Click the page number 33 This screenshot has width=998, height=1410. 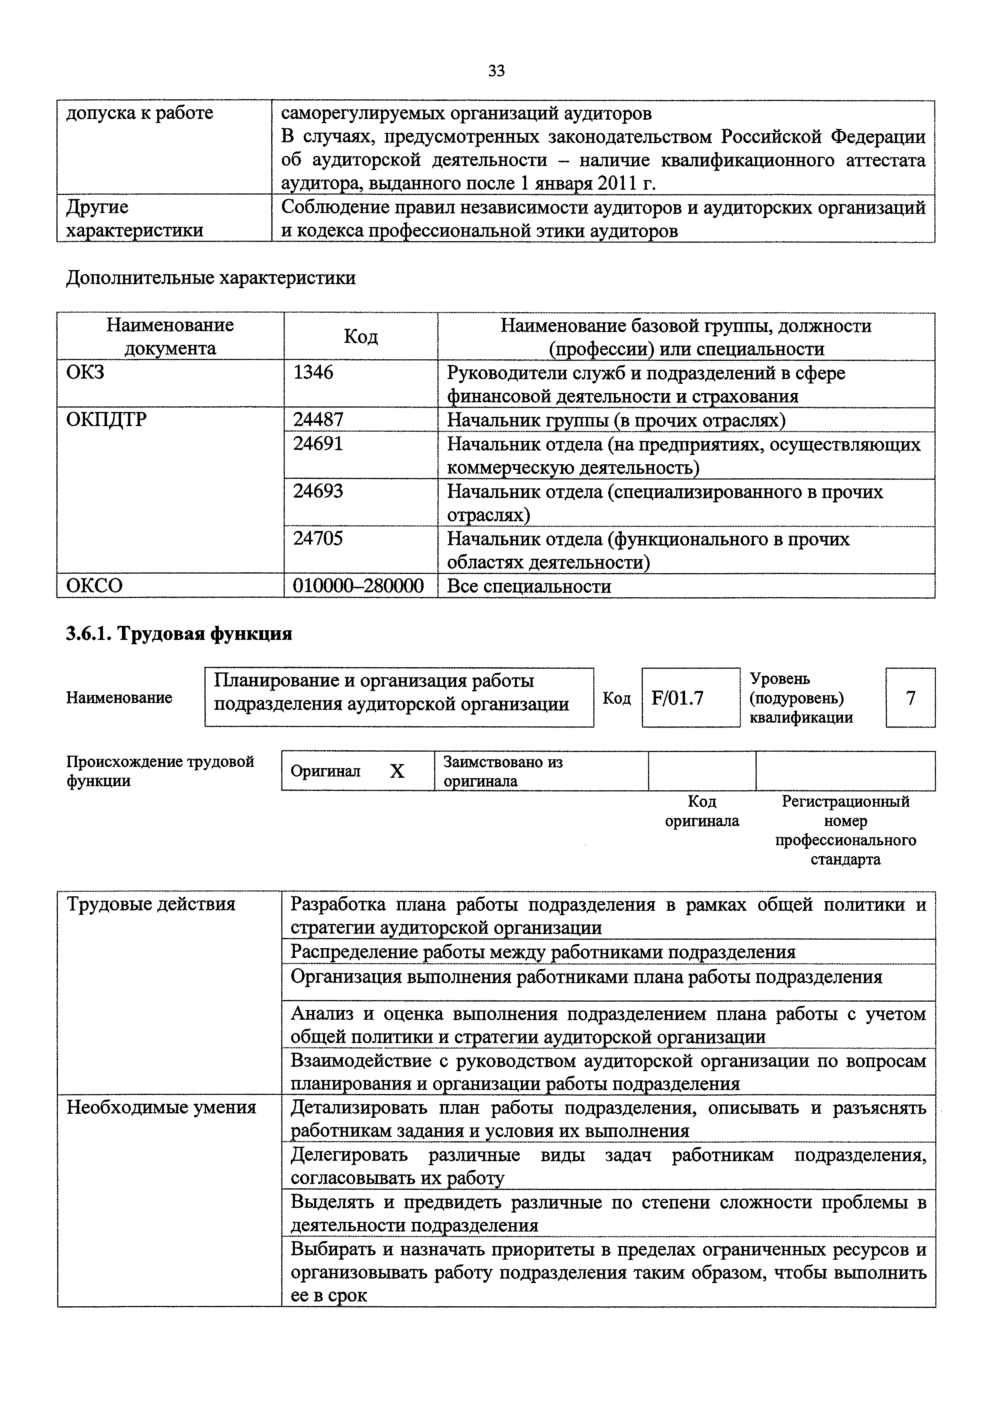[496, 71]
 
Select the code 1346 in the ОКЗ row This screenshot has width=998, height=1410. [313, 372]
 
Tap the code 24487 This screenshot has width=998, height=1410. [318, 420]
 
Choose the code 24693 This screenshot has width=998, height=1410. [318, 491]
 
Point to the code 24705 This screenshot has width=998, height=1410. [318, 539]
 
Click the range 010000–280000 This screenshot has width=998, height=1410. [358, 586]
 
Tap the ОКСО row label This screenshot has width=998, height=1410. [94, 586]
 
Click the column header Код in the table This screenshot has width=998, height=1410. [361, 336]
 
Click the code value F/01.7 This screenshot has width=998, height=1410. [677, 698]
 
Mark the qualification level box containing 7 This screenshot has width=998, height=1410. [910, 698]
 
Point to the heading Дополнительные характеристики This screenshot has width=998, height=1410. [211, 278]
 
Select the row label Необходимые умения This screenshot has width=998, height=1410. [161, 1107]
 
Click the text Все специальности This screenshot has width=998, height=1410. [529, 586]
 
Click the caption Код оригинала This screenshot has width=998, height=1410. [702, 811]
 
